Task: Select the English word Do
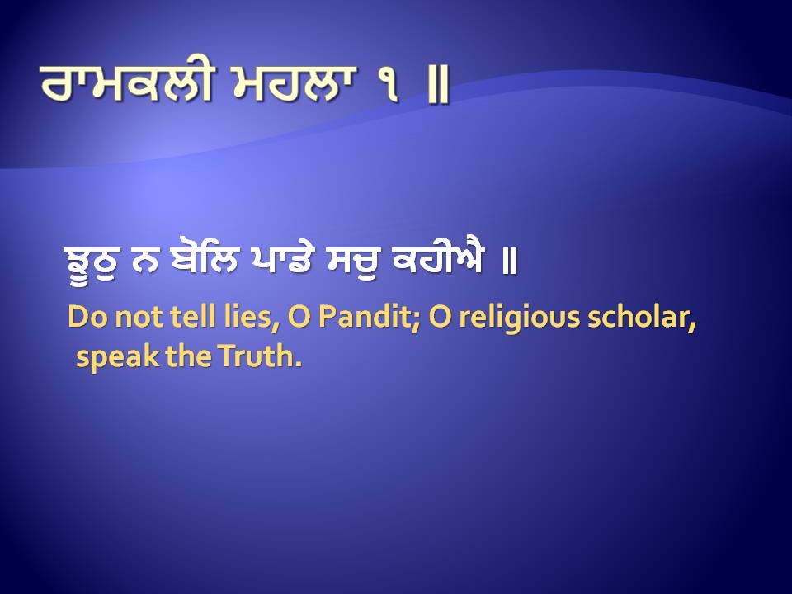click(83, 318)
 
